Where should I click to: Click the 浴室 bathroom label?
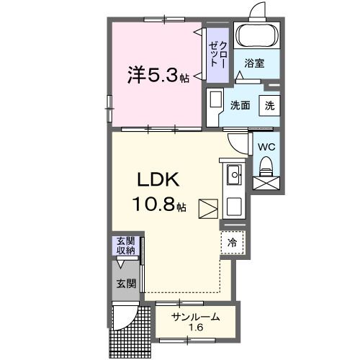click(x=253, y=63)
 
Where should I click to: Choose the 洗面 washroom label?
click(x=240, y=105)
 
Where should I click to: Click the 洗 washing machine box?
click(x=269, y=105)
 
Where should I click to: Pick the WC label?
click(x=266, y=147)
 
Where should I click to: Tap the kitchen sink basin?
click(x=235, y=175)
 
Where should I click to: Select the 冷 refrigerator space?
click(x=233, y=243)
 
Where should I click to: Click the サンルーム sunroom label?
click(x=194, y=318)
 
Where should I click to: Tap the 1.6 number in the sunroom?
click(x=194, y=329)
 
